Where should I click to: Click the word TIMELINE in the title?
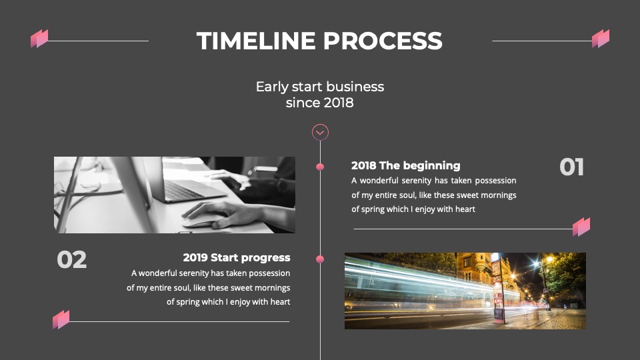click(x=256, y=41)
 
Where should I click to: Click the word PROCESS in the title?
click(x=383, y=41)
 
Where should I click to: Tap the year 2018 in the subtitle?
click(x=337, y=103)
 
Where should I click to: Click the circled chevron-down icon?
click(x=321, y=132)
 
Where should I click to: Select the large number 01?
click(x=571, y=167)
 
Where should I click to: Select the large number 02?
click(x=72, y=259)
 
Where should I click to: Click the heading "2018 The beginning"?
click(x=406, y=166)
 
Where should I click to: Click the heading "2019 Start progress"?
click(x=237, y=258)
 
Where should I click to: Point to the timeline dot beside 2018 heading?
click(x=320, y=167)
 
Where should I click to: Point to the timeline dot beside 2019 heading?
click(x=320, y=259)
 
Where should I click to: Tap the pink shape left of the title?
click(x=39, y=39)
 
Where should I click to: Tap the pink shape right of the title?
click(x=601, y=39)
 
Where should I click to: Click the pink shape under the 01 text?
click(x=581, y=227)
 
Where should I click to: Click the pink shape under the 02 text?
click(x=61, y=319)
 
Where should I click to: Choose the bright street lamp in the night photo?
click(x=549, y=259)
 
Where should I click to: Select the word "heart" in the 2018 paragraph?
click(x=465, y=209)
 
